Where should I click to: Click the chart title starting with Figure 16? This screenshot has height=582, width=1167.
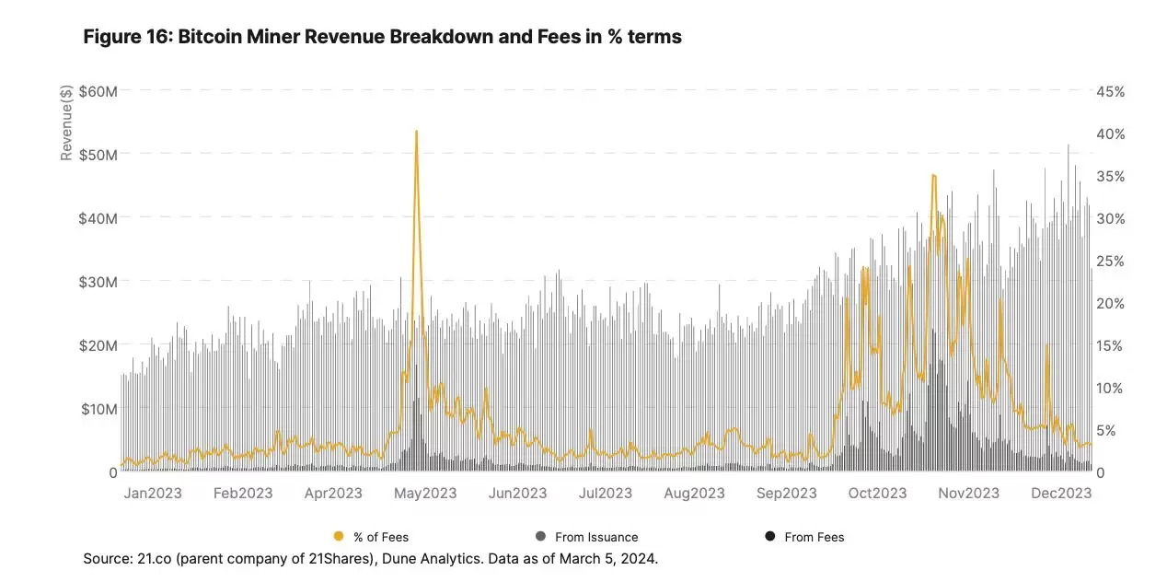[x=382, y=38]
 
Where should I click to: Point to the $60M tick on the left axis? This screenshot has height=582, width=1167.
[x=98, y=91]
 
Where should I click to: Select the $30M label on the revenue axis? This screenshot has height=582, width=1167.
[x=98, y=282]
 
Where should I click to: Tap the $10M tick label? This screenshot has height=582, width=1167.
[x=98, y=409]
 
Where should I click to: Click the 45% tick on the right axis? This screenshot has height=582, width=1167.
[x=1109, y=91]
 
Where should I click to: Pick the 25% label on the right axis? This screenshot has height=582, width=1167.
[x=1109, y=261]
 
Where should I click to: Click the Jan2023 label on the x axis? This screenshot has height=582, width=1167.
[x=153, y=494]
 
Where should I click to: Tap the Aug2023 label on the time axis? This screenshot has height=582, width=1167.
[x=694, y=494]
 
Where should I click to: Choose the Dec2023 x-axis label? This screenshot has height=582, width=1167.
[x=1060, y=494]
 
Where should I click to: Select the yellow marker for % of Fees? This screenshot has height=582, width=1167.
[x=339, y=537]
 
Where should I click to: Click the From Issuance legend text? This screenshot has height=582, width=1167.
[x=596, y=537]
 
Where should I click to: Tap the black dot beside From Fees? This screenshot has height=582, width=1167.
[x=769, y=537]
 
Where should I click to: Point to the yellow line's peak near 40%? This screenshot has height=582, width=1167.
[x=416, y=132]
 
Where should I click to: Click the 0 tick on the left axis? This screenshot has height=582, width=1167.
[x=113, y=472]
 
